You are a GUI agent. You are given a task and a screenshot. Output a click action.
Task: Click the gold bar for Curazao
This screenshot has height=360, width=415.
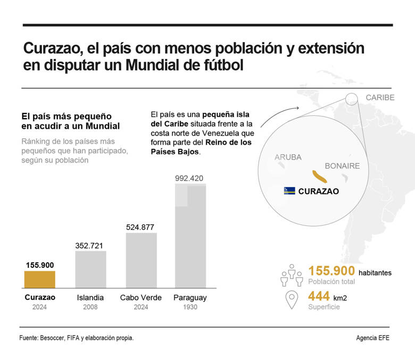pos(39,279)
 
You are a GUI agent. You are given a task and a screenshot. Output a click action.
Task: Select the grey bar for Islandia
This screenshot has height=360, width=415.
pos(90,269)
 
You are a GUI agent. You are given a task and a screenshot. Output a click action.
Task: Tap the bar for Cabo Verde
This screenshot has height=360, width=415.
pos(141,260)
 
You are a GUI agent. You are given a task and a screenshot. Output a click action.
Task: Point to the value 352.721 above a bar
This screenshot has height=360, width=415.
pos(89,246)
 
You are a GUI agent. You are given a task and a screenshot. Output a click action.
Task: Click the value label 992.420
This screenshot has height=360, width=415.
pos(189,178)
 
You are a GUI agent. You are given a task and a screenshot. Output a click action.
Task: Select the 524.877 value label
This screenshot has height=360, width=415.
pos(140,227)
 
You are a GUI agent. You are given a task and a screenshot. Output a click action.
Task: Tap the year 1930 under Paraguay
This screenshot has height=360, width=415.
pos(190,308)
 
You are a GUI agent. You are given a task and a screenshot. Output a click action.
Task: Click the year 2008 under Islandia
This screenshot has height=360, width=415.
pos(90,308)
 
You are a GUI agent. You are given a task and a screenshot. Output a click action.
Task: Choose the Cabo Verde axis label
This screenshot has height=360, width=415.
pos(140,298)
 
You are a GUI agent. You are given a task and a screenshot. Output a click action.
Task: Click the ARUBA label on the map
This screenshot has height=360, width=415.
pos(288,157)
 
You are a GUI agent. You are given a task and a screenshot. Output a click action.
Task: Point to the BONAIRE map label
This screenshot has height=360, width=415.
pos(342,166)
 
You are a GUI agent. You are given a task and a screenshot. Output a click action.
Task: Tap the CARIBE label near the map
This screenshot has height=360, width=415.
pos(380,97)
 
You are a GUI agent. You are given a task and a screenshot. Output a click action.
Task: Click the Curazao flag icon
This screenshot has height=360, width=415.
pos(289,191)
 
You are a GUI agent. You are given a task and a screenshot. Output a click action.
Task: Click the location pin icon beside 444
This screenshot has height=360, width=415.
pos(292,300)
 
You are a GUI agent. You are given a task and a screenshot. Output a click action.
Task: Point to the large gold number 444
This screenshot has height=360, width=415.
pos(321,297)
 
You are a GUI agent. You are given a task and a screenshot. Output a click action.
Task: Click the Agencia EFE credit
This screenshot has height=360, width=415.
pos(372,338)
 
